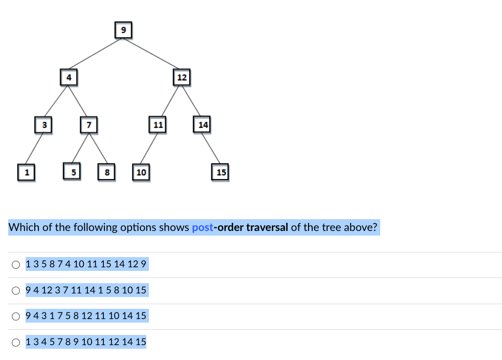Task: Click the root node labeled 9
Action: tap(123, 30)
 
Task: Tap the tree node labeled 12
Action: tap(182, 78)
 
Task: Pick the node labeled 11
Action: tap(158, 124)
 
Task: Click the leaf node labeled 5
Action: tap(73, 172)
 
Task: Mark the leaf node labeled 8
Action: tap(106, 172)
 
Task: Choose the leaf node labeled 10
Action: tap(141, 172)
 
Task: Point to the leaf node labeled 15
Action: tap(221, 172)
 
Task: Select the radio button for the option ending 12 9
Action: tap(17, 265)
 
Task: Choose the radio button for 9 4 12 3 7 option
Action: tap(17, 291)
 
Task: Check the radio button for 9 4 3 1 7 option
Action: tap(17, 316)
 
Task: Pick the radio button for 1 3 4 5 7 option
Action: tap(17, 342)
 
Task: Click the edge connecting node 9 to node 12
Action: tap(152, 54)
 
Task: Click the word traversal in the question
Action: tap(267, 227)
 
